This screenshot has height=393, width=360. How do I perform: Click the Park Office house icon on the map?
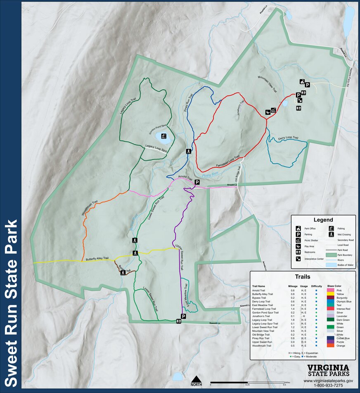302,82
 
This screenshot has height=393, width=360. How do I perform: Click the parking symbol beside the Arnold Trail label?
197,182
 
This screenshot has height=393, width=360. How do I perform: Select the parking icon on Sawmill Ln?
183,316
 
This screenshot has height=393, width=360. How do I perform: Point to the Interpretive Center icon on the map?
300,100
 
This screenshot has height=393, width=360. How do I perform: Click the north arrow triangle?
197,379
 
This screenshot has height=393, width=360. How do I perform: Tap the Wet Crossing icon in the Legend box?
331,234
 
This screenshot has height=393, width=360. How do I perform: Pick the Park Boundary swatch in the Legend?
331,255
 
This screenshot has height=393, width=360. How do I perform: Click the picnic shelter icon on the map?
269,111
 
